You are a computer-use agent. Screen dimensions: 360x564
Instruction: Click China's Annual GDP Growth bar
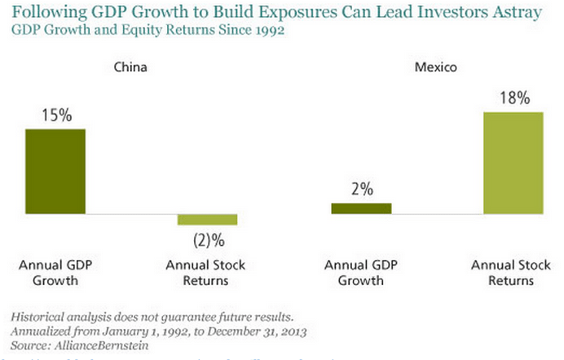click(55, 171)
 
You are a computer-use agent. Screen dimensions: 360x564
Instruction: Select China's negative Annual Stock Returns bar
click(207, 219)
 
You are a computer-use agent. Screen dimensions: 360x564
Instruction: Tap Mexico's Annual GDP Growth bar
click(361, 209)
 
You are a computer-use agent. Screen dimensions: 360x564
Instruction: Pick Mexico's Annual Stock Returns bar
click(513, 163)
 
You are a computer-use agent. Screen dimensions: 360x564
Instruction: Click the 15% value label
click(55, 116)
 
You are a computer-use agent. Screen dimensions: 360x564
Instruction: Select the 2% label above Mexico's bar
click(362, 190)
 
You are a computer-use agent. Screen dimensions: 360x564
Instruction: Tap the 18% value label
click(513, 99)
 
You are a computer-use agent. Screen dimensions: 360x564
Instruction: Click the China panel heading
click(130, 68)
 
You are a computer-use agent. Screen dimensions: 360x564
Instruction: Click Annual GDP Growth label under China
click(54, 273)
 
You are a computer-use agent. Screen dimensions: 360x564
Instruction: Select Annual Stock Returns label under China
click(205, 273)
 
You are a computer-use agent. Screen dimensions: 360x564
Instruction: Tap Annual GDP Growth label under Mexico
click(360, 273)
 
